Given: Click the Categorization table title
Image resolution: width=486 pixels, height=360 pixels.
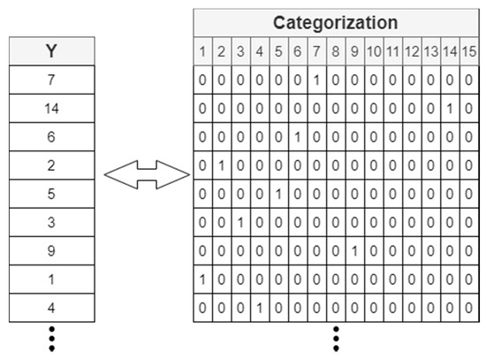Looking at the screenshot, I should click(x=335, y=22).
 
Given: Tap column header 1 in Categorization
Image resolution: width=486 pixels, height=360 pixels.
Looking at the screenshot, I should click(x=203, y=51).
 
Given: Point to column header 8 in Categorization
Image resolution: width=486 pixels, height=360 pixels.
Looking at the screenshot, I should click(x=335, y=51).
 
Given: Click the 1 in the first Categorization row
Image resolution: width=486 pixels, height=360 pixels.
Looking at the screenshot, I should click(x=316, y=80).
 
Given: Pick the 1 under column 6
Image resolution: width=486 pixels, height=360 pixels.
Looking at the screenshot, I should click(x=297, y=137).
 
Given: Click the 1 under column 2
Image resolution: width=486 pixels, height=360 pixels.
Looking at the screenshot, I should click(x=222, y=165).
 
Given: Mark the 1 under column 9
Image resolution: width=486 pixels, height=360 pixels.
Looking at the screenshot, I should click(x=353, y=250).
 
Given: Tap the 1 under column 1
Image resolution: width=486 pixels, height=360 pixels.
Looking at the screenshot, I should click(x=203, y=279).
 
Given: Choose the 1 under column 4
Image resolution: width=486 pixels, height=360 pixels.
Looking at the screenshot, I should click(x=260, y=307).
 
